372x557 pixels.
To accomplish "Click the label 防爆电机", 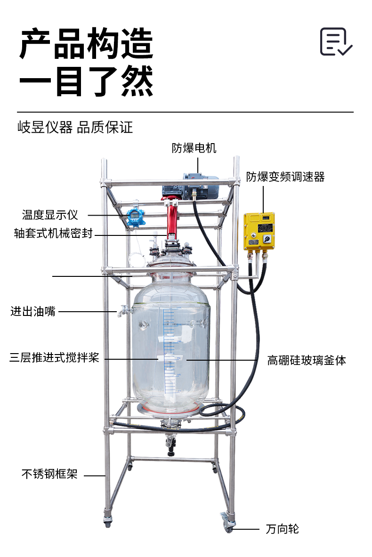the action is pos(194,148).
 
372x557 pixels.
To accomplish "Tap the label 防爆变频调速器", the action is pos(285,177).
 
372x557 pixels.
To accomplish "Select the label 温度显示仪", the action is pos(50,215).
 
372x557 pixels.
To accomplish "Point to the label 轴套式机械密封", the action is pos(53,233).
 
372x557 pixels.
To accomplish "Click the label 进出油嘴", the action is pos(32,311).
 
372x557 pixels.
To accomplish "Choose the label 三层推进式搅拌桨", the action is pos(54,357).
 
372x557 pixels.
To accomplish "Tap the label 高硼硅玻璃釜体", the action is pos(307,360).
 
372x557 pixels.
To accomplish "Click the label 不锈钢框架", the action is pos(49,474).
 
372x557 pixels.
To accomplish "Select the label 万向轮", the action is pos(283,529).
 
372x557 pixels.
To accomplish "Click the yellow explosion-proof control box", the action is pos(259,231).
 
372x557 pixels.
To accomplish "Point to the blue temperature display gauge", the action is pos(136,216).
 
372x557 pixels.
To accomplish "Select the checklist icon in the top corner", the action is pos(336,42).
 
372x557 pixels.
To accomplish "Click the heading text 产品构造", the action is pos(86,44).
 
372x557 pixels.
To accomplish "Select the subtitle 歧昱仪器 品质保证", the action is pos(75,127).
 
